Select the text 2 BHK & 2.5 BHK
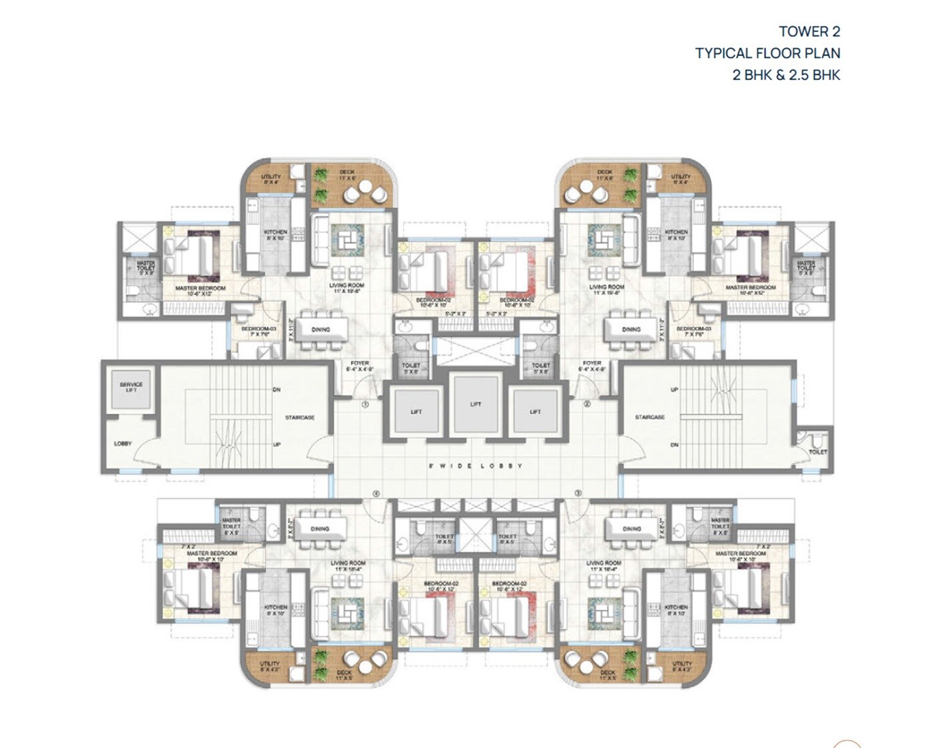786,75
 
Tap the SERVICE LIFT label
131,387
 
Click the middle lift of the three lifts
475,404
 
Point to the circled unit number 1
365,404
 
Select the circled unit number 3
578,494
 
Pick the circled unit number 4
376,494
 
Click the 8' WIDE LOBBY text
475,466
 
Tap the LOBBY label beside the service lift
123,444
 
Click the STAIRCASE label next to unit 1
300,418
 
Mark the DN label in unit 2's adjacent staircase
674,444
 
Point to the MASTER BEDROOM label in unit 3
741,554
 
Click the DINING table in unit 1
321,330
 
